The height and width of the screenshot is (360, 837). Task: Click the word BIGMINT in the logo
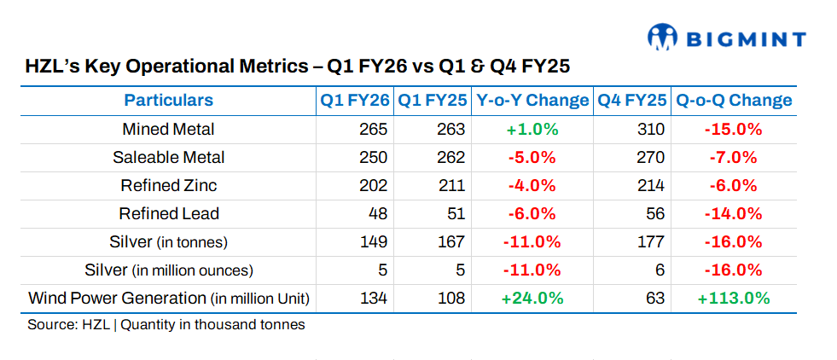click(x=745, y=38)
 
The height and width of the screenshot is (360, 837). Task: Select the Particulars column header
click(x=168, y=101)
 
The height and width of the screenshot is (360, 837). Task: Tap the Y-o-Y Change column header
click(x=532, y=101)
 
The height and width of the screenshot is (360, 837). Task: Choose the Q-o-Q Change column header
click(x=734, y=101)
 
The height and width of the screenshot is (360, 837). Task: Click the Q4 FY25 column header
click(x=631, y=101)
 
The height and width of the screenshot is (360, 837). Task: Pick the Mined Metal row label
click(x=168, y=130)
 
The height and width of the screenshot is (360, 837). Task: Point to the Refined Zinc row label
click(x=168, y=186)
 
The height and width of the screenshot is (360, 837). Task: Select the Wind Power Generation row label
click(x=168, y=299)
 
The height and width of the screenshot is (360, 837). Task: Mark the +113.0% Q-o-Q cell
click(x=733, y=299)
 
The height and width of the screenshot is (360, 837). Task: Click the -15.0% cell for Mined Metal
click(x=733, y=130)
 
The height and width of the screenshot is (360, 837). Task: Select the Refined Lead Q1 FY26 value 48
click(x=378, y=214)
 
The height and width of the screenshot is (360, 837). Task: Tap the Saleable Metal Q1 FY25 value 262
click(x=451, y=158)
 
